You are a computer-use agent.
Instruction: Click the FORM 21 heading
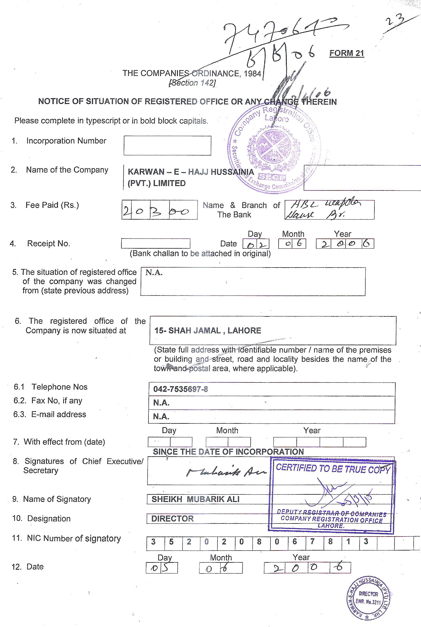tap(346, 53)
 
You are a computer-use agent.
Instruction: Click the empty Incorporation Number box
tap(167, 145)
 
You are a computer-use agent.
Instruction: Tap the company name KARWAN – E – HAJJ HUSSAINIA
tap(191, 172)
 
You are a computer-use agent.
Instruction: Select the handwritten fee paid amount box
tap(159, 210)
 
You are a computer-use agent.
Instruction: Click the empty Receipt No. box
tap(155, 243)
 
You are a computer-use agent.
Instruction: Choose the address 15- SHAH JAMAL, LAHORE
tap(208, 331)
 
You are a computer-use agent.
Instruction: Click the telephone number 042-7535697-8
tap(181, 389)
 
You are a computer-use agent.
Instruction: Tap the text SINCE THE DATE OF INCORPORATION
tap(228, 452)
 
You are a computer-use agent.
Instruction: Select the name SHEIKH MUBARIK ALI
tap(195, 499)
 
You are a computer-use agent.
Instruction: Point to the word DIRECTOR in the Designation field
tap(172, 519)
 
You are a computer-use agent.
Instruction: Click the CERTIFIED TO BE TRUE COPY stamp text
tap(333, 469)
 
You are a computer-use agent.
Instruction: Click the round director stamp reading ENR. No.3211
tap(369, 597)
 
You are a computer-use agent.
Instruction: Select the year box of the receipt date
tap(345, 244)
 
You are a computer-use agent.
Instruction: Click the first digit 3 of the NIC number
tap(153, 541)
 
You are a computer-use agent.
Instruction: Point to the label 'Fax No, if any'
tap(57, 401)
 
